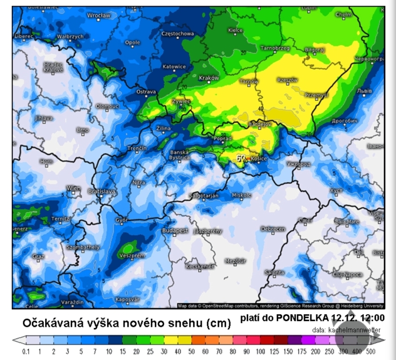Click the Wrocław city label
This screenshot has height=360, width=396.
pos(99,15)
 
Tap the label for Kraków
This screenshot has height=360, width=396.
pos(209,78)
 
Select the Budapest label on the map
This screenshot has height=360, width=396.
pos(175,231)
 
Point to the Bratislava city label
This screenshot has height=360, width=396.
pos(102,191)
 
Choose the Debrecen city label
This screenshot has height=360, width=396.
pos(273,229)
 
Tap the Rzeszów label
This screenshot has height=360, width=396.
pos(288,80)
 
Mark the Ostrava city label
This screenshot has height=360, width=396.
pos(146,92)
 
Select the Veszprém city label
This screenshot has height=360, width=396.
pos(133,255)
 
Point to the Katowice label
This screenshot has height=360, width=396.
pos(174,67)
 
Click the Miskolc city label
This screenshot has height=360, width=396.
pos(242,195)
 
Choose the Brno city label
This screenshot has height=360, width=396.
pos(83,130)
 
